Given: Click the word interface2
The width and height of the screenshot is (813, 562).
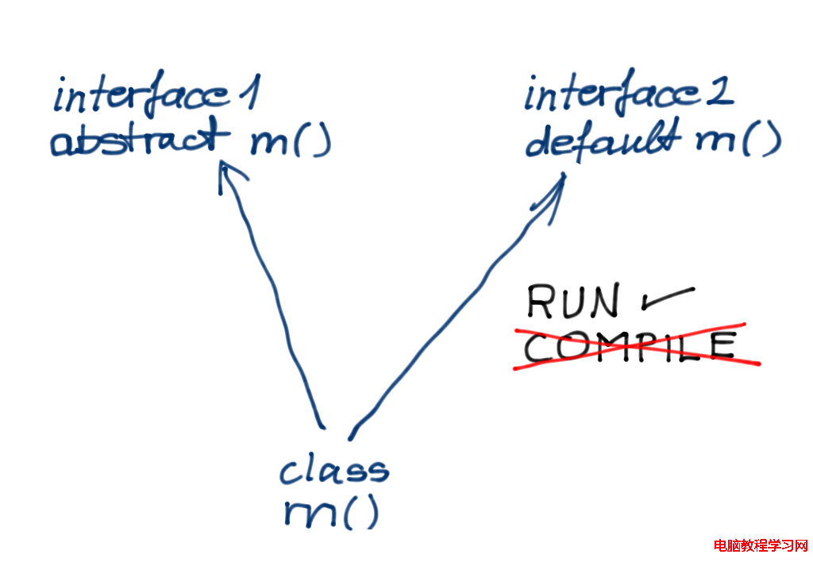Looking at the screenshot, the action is click(629, 93).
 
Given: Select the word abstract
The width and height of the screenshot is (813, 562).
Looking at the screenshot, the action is click(140, 137).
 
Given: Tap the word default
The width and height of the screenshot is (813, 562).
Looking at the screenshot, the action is click(603, 138).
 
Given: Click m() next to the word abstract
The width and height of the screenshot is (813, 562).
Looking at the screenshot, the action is click(291, 141).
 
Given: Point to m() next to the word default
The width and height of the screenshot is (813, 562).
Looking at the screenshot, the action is click(738, 140).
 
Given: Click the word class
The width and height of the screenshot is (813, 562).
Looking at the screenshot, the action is click(334, 469).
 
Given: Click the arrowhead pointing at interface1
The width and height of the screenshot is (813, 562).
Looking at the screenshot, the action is click(228, 174).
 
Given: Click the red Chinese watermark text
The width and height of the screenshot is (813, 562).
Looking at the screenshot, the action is click(760, 546).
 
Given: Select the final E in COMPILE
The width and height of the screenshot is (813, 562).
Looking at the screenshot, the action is click(724, 345).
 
